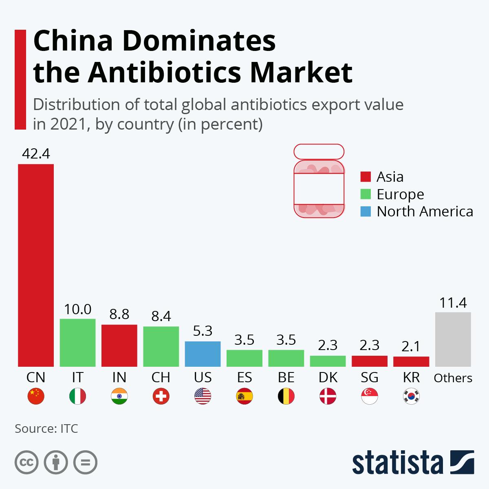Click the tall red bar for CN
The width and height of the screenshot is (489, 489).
(x=36, y=265)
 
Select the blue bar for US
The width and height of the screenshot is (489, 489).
(x=203, y=354)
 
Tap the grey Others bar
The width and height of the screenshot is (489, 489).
(x=453, y=339)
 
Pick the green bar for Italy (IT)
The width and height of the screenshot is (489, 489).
(x=77, y=342)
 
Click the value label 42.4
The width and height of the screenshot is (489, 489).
(x=36, y=154)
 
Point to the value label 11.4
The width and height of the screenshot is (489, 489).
(x=453, y=303)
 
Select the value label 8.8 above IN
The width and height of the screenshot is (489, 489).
(x=119, y=314)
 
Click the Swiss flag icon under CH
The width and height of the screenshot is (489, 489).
(x=161, y=396)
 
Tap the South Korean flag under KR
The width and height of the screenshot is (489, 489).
(x=411, y=396)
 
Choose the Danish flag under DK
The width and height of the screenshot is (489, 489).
(x=328, y=396)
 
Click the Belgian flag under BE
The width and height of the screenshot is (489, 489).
(x=286, y=396)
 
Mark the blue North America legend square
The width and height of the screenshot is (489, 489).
(x=366, y=211)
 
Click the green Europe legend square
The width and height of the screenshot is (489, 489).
(x=366, y=194)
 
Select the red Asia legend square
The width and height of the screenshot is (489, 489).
(x=366, y=176)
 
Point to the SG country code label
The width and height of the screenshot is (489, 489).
(x=370, y=377)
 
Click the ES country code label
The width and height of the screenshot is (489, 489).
(x=244, y=377)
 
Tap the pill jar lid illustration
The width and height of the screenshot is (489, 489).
(x=319, y=152)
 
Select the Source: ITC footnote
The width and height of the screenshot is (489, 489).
(x=46, y=429)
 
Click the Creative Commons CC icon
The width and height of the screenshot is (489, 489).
(x=26, y=463)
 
